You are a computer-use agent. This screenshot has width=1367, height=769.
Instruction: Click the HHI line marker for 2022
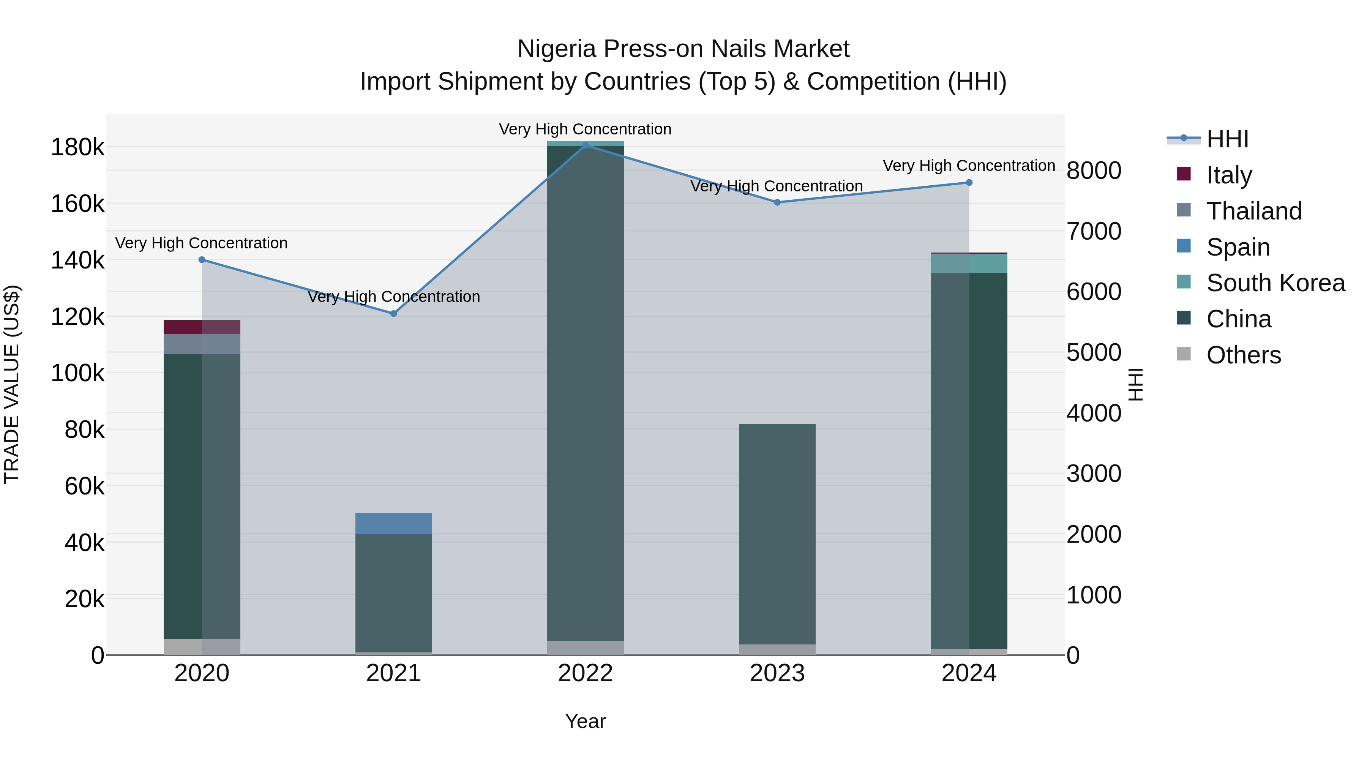pos(585,145)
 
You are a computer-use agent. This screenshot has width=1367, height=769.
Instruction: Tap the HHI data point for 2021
pos(394,314)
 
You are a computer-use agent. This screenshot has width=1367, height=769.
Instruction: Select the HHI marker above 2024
pos(969,183)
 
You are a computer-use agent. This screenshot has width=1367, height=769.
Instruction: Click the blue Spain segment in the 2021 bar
pos(394,523)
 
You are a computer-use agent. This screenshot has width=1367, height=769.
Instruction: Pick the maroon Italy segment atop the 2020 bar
pos(202,327)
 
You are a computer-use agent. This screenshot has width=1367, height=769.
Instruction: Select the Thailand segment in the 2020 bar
pos(202,344)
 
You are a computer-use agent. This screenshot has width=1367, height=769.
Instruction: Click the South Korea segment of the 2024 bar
pos(969,263)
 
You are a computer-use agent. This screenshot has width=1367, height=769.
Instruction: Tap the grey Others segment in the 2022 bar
pos(585,648)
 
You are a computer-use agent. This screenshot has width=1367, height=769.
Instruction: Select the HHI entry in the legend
pos(1227,139)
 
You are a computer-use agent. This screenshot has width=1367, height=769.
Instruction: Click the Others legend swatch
pos(1183,354)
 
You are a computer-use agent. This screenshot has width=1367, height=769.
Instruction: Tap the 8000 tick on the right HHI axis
pos(1094,171)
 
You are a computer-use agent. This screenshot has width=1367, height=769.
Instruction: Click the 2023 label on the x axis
pos(777,673)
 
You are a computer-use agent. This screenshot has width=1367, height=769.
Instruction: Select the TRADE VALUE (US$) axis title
pos(12,384)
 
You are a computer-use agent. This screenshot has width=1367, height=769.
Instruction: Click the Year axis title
pos(585,721)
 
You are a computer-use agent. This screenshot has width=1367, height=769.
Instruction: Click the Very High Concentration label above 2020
pos(202,243)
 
